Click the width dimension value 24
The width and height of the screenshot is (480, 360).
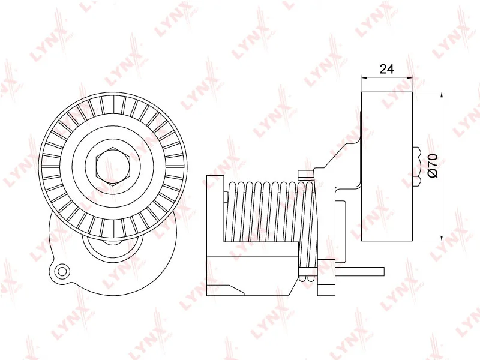(387, 69)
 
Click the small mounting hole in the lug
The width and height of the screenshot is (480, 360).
(61, 272)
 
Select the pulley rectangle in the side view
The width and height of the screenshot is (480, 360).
(387, 166)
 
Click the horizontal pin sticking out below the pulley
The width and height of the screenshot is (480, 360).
(360, 271)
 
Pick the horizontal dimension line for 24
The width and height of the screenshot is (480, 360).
(387, 77)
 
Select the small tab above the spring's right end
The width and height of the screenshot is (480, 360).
(305, 174)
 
